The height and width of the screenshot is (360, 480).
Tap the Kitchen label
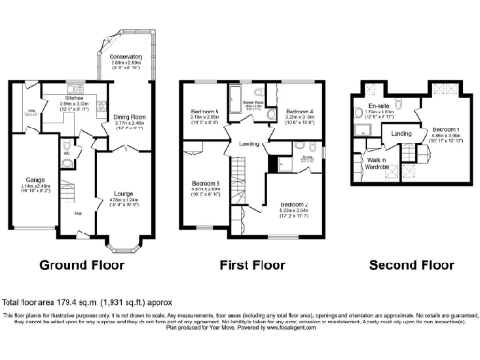point(75,96)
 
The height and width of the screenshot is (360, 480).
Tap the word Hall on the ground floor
point(79,213)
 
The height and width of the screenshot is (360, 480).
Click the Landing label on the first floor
point(249,142)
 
